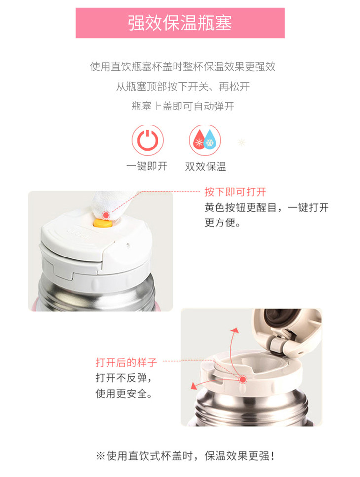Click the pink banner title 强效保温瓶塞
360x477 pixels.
180,23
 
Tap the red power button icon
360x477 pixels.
147,140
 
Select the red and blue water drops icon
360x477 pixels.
205,140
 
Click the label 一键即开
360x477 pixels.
147,166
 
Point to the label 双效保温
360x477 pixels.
206,166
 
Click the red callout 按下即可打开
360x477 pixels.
235,192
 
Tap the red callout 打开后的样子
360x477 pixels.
126,363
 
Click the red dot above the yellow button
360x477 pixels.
106,215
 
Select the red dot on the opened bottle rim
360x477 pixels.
242,379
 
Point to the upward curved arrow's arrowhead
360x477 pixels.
234,331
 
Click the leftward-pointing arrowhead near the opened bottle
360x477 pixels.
193,386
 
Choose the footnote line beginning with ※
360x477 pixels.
186,456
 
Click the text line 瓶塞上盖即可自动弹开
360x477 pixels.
183,107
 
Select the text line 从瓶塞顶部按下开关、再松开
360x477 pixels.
183,87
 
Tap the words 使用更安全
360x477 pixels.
123,394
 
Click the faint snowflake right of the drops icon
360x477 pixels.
241,142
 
